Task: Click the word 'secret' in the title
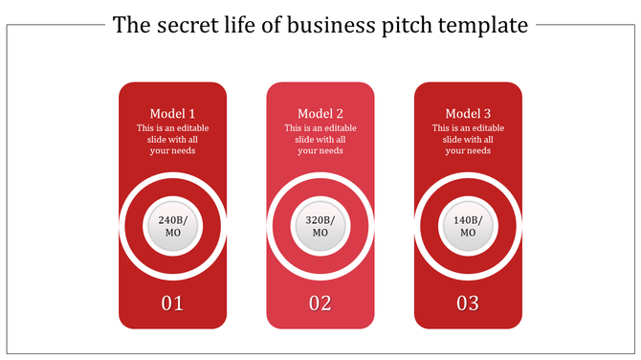(184, 26)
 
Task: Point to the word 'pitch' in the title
(407, 26)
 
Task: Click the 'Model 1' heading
(173, 113)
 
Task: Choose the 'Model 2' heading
(320, 113)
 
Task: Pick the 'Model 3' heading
(468, 113)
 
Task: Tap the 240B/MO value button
(173, 227)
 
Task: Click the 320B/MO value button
(320, 227)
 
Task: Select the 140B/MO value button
(468, 227)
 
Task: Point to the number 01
(173, 304)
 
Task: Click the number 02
(320, 304)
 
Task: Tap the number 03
(468, 304)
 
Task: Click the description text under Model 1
(173, 139)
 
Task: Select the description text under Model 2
(320, 139)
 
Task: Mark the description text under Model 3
(468, 139)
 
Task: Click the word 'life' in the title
(239, 26)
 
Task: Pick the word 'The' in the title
(130, 26)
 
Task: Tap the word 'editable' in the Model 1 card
(192, 128)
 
